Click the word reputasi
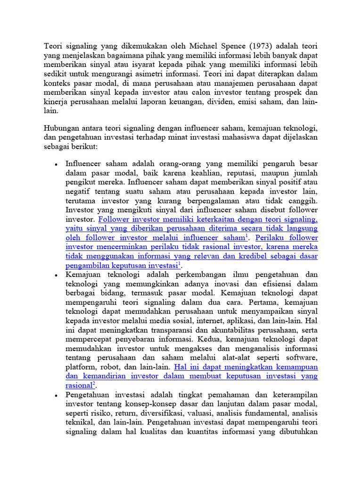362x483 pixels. (x=222, y=173)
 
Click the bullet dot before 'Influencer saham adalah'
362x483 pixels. (x=56, y=164)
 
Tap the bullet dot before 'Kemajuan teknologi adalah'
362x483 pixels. (x=56, y=275)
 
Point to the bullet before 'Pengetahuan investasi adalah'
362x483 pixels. (x=56, y=395)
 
